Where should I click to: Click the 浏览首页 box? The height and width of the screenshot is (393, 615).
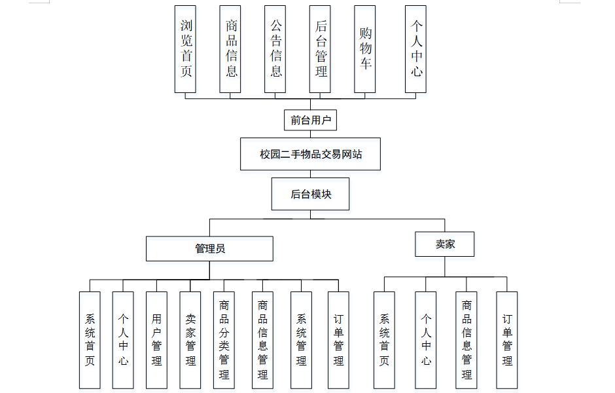(185, 49)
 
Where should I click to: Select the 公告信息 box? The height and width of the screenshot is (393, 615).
(275, 49)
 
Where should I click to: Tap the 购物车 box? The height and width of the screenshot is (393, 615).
(365, 49)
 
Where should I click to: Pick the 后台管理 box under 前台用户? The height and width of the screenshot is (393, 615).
(320, 49)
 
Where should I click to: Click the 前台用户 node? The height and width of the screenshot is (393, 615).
(310, 120)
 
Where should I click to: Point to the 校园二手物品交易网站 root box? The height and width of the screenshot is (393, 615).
(310, 154)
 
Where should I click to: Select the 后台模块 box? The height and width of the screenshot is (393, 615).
(310, 194)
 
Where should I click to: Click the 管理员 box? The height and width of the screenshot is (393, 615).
(209, 248)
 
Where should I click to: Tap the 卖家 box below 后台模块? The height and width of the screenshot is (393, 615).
(445, 244)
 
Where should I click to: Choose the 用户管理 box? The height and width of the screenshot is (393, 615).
(156, 340)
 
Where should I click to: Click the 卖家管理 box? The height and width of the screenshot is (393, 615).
(190, 340)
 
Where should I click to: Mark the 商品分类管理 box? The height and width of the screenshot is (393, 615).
(224, 340)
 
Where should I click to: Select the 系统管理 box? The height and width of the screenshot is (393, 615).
(301, 340)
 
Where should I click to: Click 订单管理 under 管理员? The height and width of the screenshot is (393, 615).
(338, 340)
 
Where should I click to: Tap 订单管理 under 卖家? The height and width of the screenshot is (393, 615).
(507, 340)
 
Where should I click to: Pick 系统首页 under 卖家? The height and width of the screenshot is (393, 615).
(385, 340)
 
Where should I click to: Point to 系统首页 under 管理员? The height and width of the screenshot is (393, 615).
(90, 340)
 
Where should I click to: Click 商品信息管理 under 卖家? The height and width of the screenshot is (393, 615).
(466, 340)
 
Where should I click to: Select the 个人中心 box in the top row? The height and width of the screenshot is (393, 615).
(415, 49)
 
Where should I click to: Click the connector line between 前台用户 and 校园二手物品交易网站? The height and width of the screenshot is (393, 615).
(310, 134)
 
